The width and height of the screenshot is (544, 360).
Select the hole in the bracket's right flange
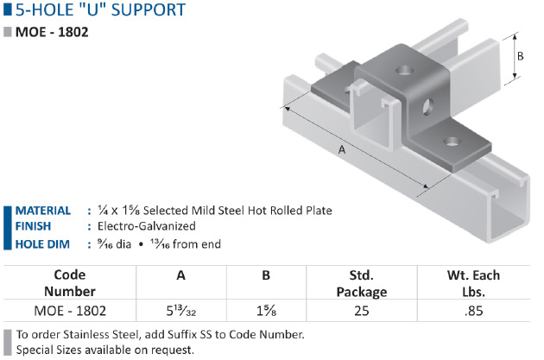coord(450,140)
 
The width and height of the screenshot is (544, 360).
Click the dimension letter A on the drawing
coord(342,150)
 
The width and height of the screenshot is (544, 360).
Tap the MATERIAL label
coord(43,211)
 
